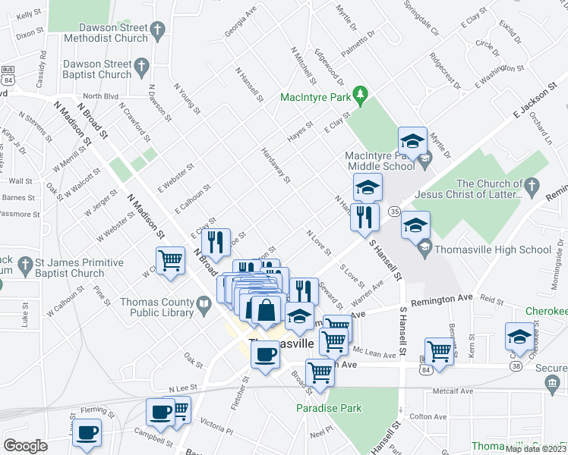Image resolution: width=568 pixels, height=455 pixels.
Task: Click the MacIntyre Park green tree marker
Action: point(363,96)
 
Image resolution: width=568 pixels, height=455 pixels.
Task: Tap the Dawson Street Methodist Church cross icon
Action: point(157,31)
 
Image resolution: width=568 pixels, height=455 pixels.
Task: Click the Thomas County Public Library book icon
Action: point(204,306)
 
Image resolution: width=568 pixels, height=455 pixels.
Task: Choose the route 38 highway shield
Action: point(516,366)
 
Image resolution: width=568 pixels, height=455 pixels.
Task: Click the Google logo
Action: point(27,446)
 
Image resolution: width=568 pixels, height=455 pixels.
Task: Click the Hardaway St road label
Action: point(276,165)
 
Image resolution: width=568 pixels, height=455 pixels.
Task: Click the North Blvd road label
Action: point(102,96)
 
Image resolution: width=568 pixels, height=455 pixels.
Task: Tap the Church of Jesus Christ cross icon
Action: point(532,186)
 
